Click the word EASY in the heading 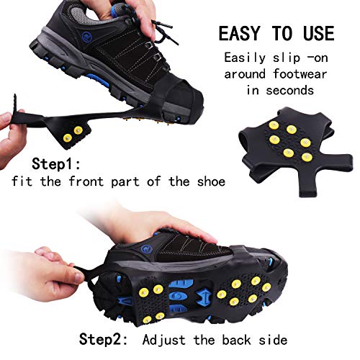(239, 33)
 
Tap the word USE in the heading (319, 33)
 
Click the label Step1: (56, 164)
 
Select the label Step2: (104, 339)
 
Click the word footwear (300, 73)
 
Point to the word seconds (289, 91)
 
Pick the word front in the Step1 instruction (86, 181)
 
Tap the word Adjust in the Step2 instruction (163, 340)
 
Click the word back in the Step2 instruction (236, 340)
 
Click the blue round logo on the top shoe (86, 37)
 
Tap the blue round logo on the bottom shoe (146, 248)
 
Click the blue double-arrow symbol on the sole (202, 297)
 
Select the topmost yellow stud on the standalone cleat (274, 125)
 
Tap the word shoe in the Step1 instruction (211, 181)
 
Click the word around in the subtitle (245, 74)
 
